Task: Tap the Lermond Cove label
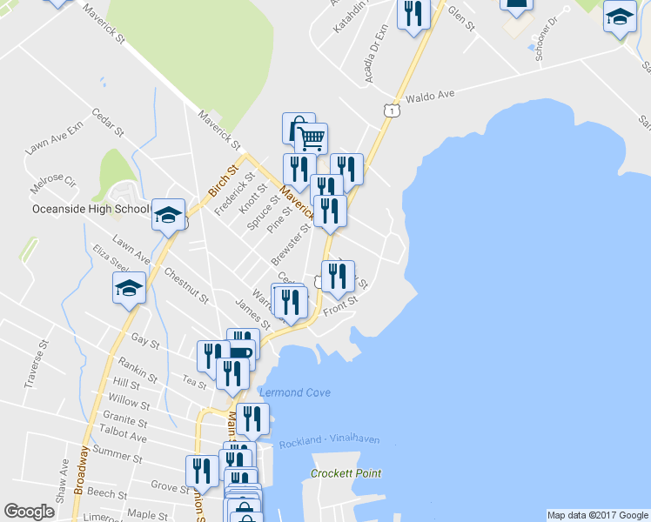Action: (x=294, y=393)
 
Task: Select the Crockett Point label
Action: (x=346, y=474)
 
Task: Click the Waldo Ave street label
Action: (x=431, y=95)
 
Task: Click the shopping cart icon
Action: (x=311, y=137)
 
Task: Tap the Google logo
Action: (x=29, y=512)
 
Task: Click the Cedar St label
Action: (x=108, y=121)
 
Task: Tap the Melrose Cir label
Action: (x=53, y=184)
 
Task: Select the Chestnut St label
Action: (x=186, y=285)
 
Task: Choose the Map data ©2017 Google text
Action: (x=597, y=515)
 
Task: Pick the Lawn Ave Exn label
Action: (x=54, y=137)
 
